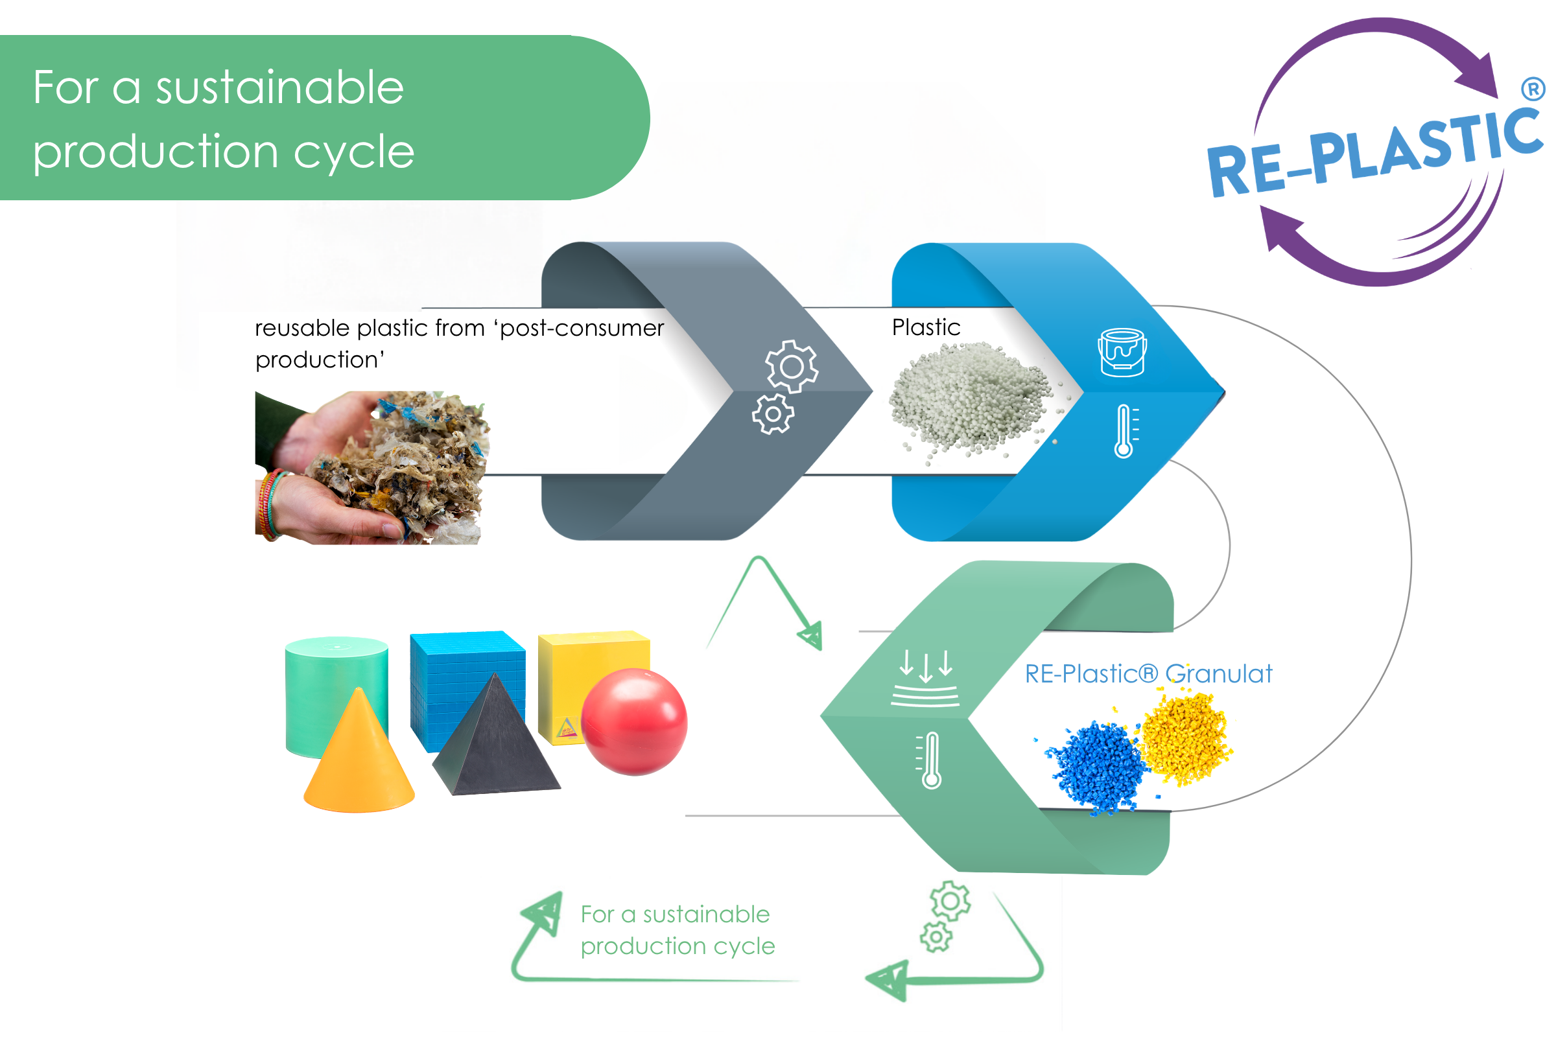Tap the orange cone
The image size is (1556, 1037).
tap(359, 754)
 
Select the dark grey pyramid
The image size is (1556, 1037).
tap(496, 738)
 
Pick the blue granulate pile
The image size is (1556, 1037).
tap(1095, 767)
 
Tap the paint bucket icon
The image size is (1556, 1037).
tap(1122, 353)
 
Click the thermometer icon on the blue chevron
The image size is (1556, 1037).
tap(1125, 431)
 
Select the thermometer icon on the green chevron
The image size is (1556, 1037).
tap(930, 760)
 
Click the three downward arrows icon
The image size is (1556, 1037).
tap(925, 678)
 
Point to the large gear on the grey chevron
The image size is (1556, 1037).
tap(792, 366)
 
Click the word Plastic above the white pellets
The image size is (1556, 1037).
tap(926, 327)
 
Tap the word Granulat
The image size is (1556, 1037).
tap(1219, 674)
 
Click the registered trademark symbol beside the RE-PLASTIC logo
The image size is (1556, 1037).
tap(1532, 89)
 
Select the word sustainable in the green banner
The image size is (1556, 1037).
tap(280, 87)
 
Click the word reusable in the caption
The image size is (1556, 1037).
tap(302, 328)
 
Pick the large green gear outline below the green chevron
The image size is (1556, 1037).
tap(950, 902)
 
